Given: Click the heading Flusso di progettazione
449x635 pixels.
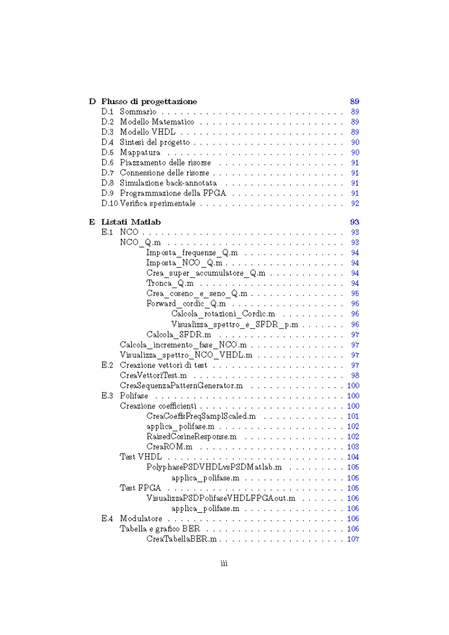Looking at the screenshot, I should (149, 101).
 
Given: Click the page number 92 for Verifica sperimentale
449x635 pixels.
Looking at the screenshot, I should (355, 205).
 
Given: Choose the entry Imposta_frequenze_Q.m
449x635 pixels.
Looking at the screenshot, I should (191, 253).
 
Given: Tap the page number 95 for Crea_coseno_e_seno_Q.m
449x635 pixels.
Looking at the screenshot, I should (355, 294).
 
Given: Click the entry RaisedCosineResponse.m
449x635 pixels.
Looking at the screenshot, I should (191, 436).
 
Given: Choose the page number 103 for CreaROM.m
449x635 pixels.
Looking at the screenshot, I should (353, 447).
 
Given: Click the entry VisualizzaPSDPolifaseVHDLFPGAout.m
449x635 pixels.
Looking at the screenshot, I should (220, 498).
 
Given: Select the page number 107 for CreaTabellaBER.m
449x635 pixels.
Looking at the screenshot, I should (353, 539).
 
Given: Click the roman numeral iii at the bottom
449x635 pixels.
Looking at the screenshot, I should (224, 564).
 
